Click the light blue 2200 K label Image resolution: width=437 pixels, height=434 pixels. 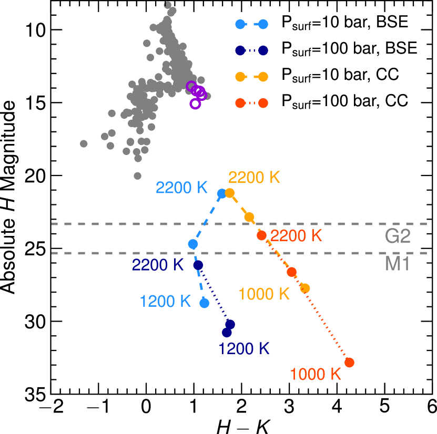pyautogui.click(x=182, y=188)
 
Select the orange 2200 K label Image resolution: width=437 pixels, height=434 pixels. pyautogui.click(x=254, y=178)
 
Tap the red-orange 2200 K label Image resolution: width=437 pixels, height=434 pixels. pyautogui.click(x=296, y=235)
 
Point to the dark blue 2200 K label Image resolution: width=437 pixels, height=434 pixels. pyautogui.click(x=158, y=265)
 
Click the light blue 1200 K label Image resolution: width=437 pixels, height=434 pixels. pyautogui.click(x=165, y=302)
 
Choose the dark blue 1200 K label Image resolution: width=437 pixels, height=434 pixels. pyautogui.click(x=244, y=348)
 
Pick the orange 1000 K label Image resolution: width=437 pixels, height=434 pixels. pyautogui.click(x=264, y=294)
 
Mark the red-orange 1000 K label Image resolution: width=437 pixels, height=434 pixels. pyautogui.click(x=316, y=375)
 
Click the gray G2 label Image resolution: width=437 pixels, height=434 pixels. pyautogui.click(x=397, y=236)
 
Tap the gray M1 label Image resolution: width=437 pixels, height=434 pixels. pyautogui.click(x=397, y=264)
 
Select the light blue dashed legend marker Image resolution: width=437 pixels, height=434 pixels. pyautogui.click(x=252, y=24)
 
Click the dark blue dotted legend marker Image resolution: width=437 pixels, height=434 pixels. pyautogui.click(x=252, y=50)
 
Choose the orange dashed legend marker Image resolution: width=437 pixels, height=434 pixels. pyautogui.click(x=252, y=77)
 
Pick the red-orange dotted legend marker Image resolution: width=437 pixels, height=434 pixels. pyautogui.click(x=252, y=103)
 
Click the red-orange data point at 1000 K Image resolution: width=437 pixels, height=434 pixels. pyautogui.click(x=349, y=363)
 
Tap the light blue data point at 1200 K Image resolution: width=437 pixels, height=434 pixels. pyautogui.click(x=205, y=303)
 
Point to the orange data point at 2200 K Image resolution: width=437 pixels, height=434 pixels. pyautogui.click(x=230, y=193)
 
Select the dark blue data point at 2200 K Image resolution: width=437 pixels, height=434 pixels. pyautogui.click(x=198, y=265)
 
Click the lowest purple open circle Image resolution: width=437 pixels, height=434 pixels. pyautogui.click(x=195, y=104)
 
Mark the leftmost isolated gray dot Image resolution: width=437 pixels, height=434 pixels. pyautogui.click(x=84, y=143)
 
